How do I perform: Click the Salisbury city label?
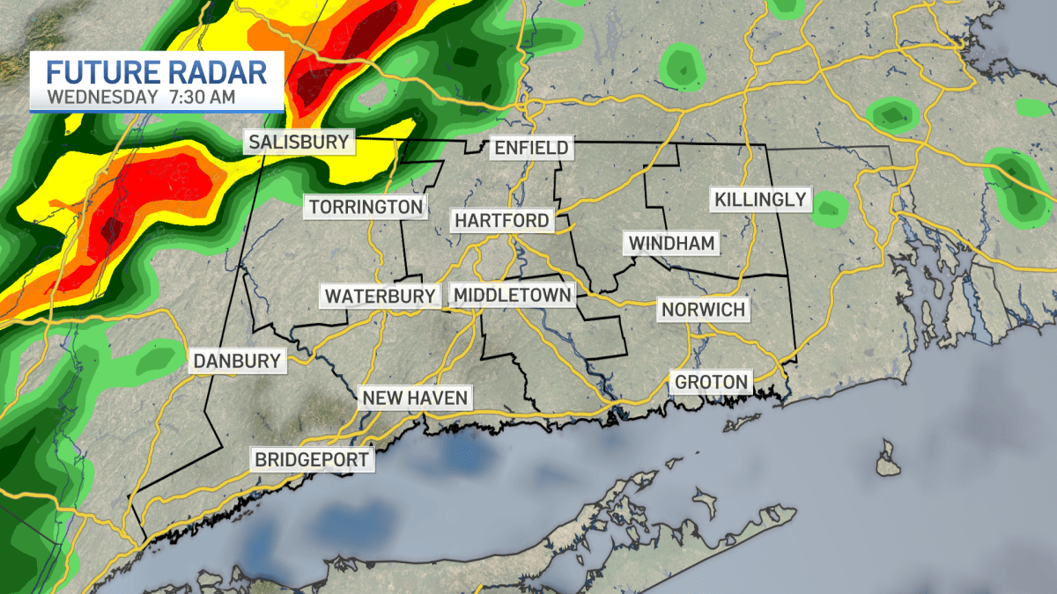(x=299, y=142)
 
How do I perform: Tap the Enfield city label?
(x=531, y=148)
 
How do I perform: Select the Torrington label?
(x=366, y=208)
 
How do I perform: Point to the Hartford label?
(x=501, y=220)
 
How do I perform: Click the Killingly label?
(x=760, y=199)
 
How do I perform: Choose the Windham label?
(x=671, y=242)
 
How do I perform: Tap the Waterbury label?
(x=381, y=296)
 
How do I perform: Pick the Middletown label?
(x=512, y=295)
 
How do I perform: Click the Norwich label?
(x=704, y=310)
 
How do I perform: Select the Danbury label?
(x=238, y=360)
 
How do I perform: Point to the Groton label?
(x=711, y=382)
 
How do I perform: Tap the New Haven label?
(x=414, y=398)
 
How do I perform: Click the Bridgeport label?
(x=311, y=458)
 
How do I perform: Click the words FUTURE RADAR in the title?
(x=156, y=71)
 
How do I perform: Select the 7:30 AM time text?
(x=203, y=96)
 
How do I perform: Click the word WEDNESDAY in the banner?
(x=104, y=96)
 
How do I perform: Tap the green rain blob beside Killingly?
(x=829, y=209)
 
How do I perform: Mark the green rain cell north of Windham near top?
(x=681, y=66)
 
